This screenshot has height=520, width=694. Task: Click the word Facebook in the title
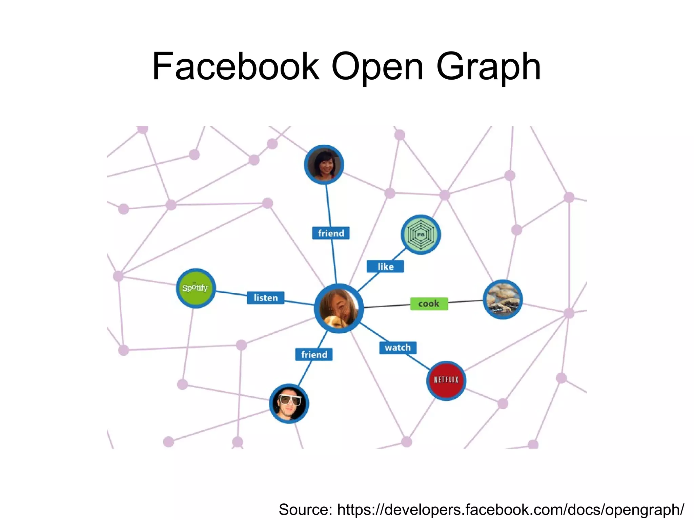236,66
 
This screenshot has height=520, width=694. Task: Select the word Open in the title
377,66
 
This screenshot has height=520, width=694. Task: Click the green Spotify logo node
196,288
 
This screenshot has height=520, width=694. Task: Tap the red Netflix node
446,380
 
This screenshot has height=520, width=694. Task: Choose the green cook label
429,304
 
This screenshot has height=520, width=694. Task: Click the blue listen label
265,298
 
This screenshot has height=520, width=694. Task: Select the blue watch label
398,348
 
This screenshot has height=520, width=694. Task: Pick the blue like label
385,267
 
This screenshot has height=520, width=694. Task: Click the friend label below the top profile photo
331,233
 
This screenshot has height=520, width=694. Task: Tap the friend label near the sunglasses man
314,354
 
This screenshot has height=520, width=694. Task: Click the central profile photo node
339,308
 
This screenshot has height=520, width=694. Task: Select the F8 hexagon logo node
421,234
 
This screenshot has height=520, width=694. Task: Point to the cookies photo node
503,299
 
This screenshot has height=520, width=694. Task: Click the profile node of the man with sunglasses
289,403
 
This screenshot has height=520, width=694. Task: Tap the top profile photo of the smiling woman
324,165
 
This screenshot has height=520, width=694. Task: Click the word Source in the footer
305,509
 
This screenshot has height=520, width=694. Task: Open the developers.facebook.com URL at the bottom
510,509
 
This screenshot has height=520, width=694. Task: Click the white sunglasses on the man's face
289,400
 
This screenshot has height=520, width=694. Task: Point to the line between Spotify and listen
231,294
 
